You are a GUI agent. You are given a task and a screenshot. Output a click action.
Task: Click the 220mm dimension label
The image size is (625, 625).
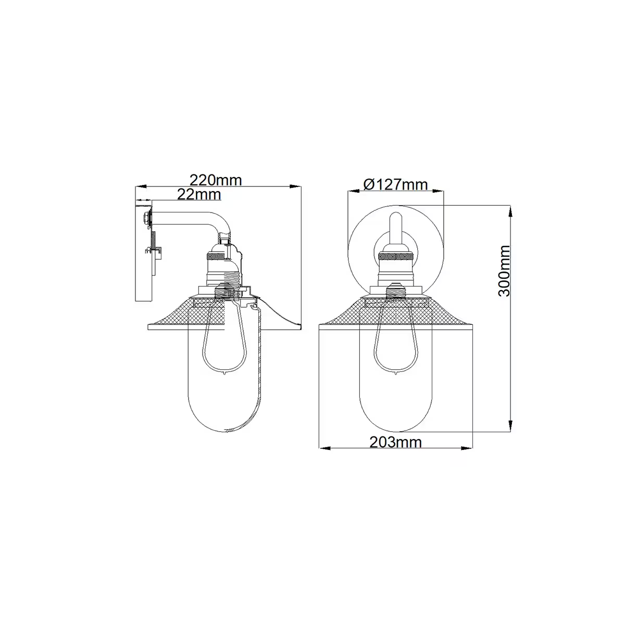point(216,180)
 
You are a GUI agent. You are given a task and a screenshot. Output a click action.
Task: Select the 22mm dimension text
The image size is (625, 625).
point(199,194)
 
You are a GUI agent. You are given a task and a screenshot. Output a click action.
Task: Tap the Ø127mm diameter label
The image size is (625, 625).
point(395,184)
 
